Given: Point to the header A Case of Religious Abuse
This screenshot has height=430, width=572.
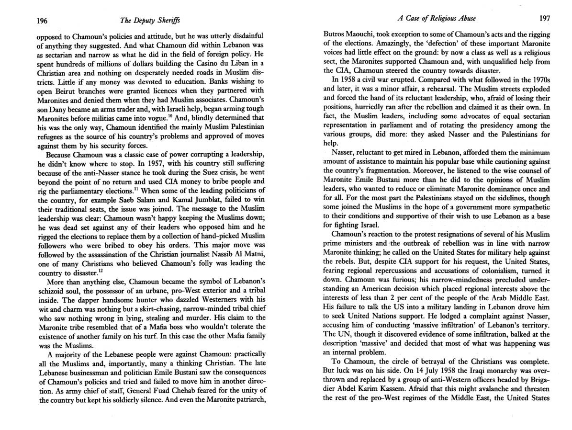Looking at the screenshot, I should [436, 19].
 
